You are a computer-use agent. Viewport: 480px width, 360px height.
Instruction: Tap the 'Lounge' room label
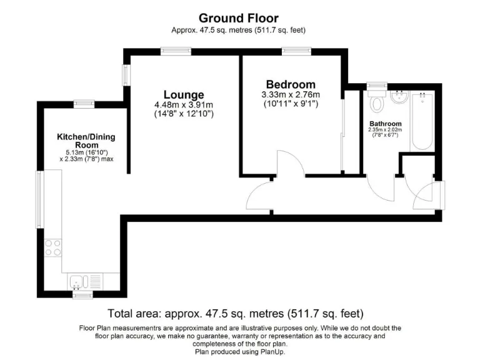point(183,95)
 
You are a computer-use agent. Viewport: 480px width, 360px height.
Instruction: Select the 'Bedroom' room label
point(290,84)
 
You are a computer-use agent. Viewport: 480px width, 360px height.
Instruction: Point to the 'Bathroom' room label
point(385,124)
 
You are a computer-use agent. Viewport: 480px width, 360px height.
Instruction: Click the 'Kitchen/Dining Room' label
point(86,141)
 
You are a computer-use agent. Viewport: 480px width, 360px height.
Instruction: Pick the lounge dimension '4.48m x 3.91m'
point(183,105)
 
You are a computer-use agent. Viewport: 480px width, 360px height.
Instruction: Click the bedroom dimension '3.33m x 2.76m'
point(290,94)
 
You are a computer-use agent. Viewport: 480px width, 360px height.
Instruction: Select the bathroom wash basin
point(397,98)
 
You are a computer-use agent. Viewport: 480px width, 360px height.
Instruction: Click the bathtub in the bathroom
point(422,120)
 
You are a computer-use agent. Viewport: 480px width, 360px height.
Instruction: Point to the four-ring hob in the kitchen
point(52,248)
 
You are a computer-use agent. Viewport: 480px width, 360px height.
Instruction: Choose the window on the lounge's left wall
point(126,75)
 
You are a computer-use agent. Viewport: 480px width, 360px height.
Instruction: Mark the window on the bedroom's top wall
point(292,52)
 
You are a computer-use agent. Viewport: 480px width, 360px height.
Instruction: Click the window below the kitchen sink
point(82,294)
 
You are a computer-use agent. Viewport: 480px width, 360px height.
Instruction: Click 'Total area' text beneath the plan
point(134,313)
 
